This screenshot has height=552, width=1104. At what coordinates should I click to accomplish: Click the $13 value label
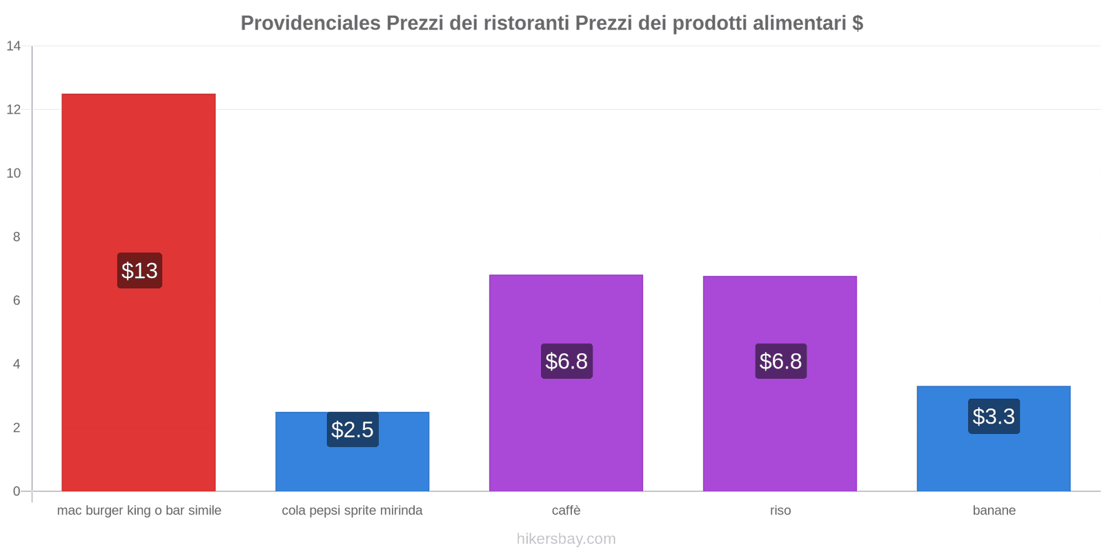139,270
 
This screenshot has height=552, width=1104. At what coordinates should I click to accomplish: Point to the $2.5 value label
352,429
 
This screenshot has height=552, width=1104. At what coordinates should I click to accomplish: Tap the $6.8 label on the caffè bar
566,361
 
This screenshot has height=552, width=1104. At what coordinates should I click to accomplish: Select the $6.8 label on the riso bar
780,361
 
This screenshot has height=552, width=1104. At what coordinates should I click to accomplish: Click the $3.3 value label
994,416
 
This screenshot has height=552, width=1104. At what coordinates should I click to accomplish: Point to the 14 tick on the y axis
14,46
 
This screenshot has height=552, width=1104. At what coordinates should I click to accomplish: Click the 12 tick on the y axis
14,110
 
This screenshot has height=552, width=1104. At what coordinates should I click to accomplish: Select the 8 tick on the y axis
17,237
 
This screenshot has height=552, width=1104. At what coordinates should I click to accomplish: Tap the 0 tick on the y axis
17,491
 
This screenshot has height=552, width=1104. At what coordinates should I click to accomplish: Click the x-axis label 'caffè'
566,511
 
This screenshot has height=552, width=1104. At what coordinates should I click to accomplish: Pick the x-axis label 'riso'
780,511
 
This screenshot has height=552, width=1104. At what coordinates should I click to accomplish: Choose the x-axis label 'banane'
994,511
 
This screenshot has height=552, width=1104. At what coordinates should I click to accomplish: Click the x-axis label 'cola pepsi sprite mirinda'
352,511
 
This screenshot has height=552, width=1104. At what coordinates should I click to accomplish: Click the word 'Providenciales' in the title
310,23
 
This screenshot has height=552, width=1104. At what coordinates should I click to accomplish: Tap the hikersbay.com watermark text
566,539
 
